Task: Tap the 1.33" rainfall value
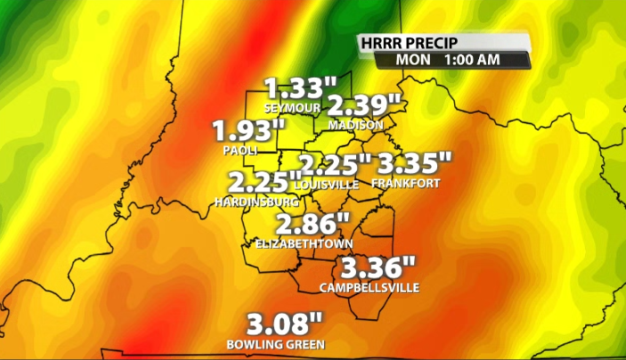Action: click(301, 89)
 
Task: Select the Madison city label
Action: click(355, 126)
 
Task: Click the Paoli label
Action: click(240, 151)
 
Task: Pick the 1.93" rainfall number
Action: click(248, 132)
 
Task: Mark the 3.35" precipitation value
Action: click(415, 164)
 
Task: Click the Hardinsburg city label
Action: click(250, 202)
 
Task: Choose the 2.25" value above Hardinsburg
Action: click(260, 183)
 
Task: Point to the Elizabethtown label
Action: click(305, 243)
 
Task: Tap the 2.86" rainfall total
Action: click(313, 225)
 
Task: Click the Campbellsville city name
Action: click(369, 287)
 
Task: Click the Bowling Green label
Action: click(275, 344)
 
